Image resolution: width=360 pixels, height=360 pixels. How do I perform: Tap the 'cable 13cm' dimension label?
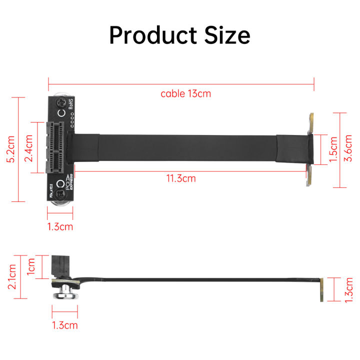[185, 93]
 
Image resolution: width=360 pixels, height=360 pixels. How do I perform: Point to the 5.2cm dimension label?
[9, 150]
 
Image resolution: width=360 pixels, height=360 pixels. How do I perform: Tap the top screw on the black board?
[61, 102]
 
